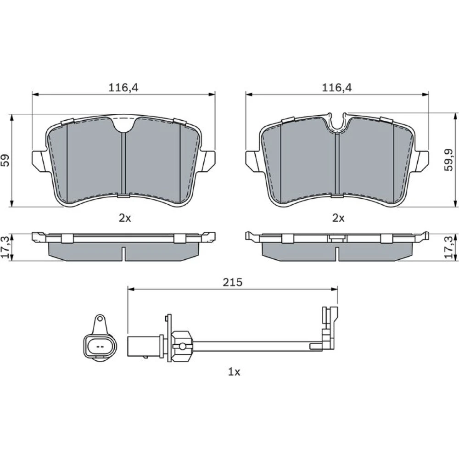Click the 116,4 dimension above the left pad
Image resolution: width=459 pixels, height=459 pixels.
pos(123,88)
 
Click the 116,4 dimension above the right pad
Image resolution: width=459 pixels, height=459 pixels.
pos(337,88)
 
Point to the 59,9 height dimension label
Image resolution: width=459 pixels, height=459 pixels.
pos(449,160)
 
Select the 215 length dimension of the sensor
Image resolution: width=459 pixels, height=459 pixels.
pos(233,282)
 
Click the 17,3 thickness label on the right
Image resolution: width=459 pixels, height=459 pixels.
pos(449,247)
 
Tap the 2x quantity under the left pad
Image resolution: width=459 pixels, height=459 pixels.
pos(125,218)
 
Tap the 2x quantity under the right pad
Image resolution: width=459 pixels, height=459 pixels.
pos(338,218)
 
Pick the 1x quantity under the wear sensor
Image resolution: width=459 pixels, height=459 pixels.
pos(234,372)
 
